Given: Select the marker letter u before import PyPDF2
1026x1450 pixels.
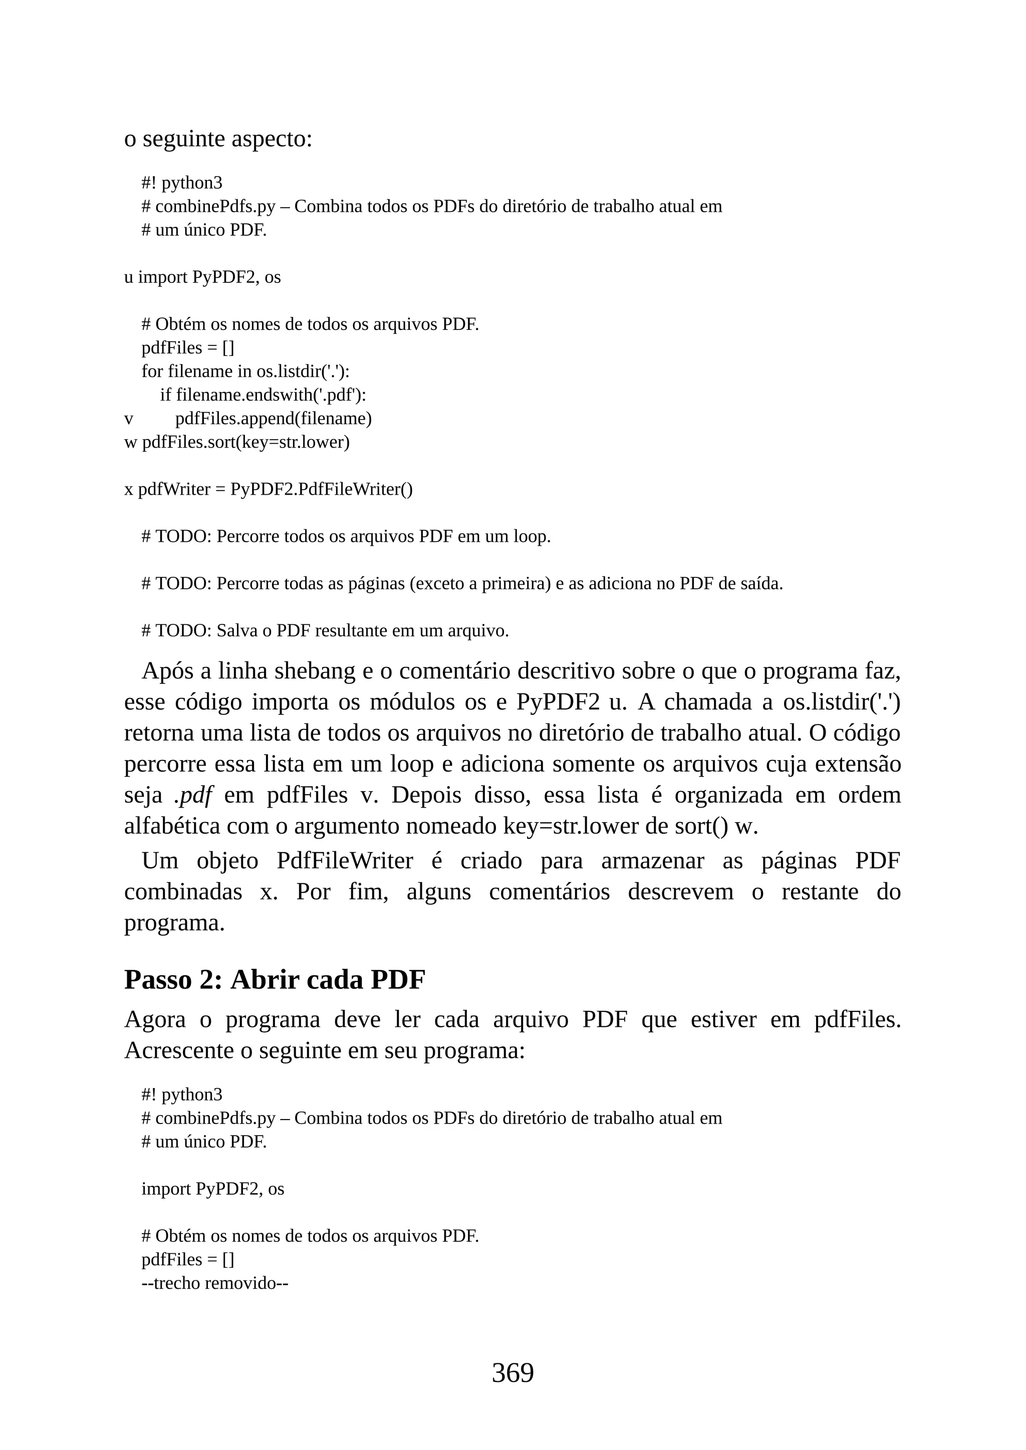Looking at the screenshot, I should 128,277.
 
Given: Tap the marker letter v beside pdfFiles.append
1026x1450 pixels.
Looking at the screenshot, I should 128,419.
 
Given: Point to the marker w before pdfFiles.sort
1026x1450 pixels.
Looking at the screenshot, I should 130,442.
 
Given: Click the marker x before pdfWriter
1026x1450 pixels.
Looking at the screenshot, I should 128,490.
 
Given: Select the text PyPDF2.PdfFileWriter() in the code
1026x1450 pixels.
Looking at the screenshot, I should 321,490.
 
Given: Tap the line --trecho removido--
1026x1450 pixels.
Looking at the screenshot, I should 215,1283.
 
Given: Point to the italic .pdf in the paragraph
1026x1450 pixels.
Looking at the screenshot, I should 193,795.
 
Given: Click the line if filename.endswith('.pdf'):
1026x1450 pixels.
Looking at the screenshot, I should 263,396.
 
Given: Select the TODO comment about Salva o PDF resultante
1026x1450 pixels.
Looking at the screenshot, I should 325,631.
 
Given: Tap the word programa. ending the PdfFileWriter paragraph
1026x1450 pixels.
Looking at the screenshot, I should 174,923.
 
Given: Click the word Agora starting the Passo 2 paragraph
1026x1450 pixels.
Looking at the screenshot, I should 155,1019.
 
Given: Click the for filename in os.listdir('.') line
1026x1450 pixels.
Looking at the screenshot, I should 245,372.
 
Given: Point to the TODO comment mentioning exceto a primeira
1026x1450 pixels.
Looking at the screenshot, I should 461,583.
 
